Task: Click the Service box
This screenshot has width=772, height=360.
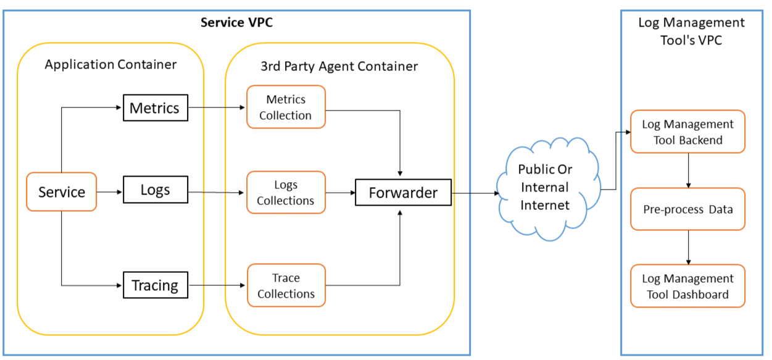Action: tap(61, 192)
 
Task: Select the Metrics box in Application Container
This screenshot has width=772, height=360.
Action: tap(155, 108)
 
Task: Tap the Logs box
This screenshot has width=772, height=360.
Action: tap(155, 190)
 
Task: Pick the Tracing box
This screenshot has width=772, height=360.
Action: tap(155, 285)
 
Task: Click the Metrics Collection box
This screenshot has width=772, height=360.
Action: tap(286, 107)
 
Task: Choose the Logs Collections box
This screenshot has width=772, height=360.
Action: tap(286, 193)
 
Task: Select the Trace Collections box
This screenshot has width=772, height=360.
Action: tap(286, 286)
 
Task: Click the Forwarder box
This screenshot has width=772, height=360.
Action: tap(403, 193)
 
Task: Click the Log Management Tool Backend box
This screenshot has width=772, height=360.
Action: tap(687, 132)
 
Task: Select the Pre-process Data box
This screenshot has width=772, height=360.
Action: tap(687, 209)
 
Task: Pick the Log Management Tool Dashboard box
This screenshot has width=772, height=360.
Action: tap(687, 286)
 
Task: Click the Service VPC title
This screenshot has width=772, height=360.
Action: tap(236, 23)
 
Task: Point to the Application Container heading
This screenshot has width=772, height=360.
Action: tap(110, 64)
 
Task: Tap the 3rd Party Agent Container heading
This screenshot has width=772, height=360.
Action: tap(340, 66)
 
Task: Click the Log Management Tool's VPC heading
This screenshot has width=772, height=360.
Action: tap(691, 31)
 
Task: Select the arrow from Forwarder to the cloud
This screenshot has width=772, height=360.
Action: tap(475, 193)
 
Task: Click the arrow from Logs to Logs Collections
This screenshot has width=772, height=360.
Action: tap(216, 192)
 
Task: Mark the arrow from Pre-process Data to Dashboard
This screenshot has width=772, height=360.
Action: tap(688, 248)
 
